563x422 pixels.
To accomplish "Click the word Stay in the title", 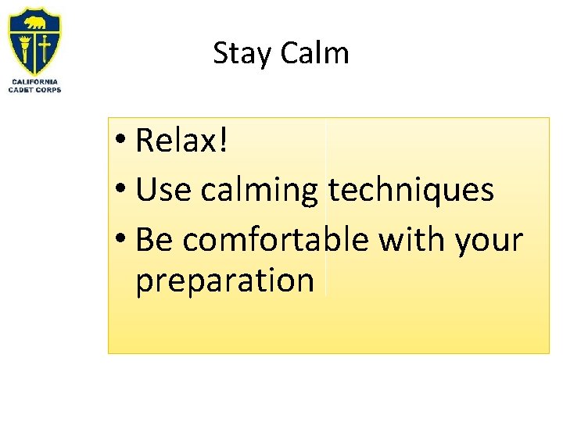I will click(242, 54).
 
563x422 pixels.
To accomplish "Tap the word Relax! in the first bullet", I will click(181, 141).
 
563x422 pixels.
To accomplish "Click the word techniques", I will click(411, 190).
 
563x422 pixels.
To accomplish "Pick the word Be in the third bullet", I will click(154, 241).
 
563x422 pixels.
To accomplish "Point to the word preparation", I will click(224, 281).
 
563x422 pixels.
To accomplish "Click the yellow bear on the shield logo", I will click(34, 23).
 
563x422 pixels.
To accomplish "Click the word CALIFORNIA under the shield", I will click(34, 82).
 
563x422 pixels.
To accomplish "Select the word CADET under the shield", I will click(21, 90).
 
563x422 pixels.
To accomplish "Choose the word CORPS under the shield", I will click(48, 90).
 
